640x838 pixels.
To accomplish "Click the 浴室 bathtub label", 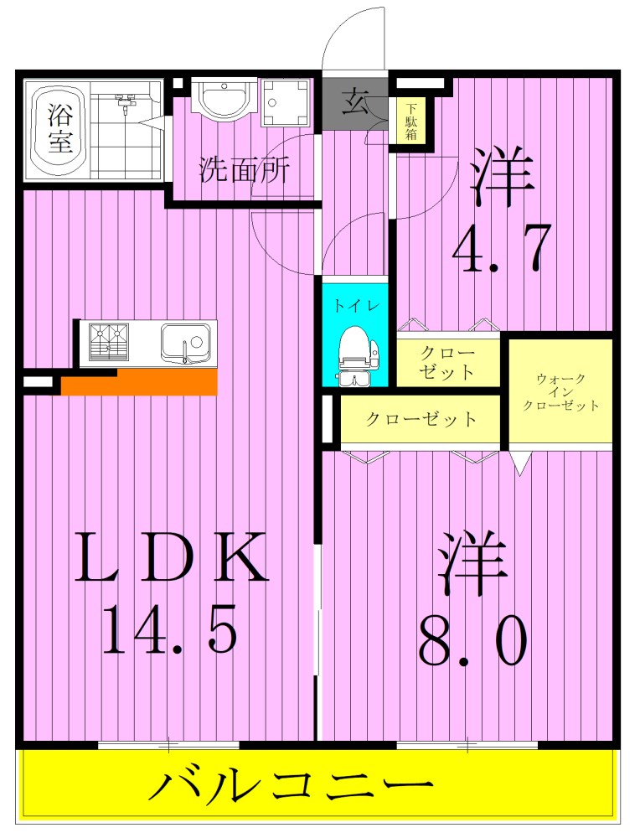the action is tap(59, 128).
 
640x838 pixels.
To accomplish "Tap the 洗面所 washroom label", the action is tap(245, 169).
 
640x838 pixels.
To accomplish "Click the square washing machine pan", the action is tap(286, 102).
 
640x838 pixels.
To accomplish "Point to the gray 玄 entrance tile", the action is tap(354, 103).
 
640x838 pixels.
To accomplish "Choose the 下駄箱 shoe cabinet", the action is tap(410, 122).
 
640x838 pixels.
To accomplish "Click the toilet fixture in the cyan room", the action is tap(356, 354).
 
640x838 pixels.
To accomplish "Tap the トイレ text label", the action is tap(356, 306).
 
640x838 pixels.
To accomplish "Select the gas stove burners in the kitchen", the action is tap(109, 342).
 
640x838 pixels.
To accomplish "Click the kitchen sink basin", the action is tap(184, 344).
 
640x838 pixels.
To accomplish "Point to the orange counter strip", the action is tap(140, 382).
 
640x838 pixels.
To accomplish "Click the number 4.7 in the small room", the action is tap(502, 249).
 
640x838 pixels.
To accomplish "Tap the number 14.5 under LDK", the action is tap(169, 628).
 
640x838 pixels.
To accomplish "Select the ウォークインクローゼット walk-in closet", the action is tap(560, 391).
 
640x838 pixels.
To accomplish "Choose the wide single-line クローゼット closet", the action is tap(421, 420).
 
